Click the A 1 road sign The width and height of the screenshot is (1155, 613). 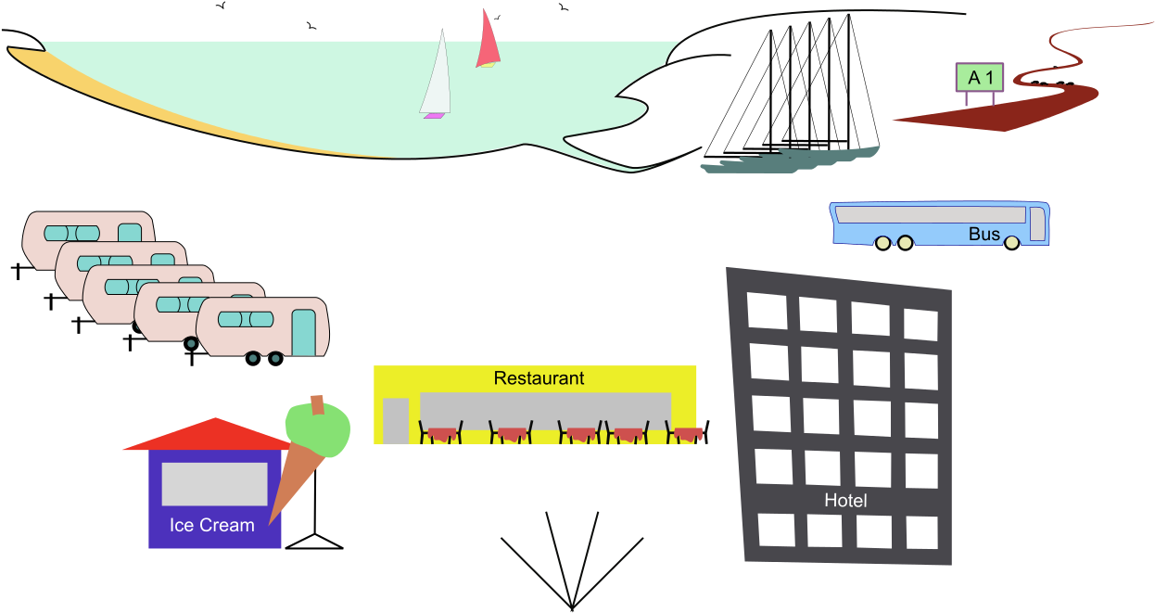tap(980, 78)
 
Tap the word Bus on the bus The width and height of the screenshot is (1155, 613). tap(984, 234)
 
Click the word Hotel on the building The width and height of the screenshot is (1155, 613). tap(845, 501)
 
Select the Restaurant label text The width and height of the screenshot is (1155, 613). tap(539, 378)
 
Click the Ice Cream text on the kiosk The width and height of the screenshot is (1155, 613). tap(211, 525)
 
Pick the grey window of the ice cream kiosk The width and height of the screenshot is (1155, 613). tap(214, 484)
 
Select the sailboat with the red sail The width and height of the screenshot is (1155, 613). tap(488, 43)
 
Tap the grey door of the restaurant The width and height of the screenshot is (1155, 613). tap(396, 420)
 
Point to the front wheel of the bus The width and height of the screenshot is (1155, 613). tap(1011, 242)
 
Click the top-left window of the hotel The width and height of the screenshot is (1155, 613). tap(768, 311)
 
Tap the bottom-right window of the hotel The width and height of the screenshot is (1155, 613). tap(922, 532)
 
